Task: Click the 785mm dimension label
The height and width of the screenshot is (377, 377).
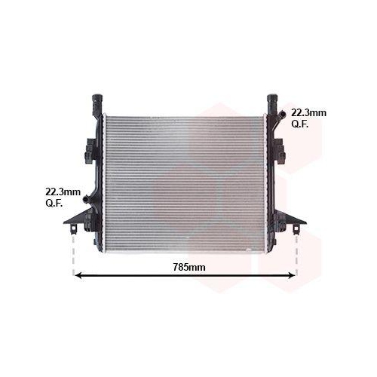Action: [189, 267]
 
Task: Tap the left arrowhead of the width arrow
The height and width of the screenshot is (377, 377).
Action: [78, 275]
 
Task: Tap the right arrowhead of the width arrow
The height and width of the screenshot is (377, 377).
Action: [293, 275]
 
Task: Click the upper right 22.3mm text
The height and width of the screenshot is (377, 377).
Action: [308, 113]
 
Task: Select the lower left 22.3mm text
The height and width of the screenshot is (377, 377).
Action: [63, 192]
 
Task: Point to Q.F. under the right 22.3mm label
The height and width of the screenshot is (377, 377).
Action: [300, 124]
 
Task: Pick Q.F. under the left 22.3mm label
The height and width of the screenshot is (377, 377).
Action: [54, 204]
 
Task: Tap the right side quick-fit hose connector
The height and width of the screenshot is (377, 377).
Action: [282, 115]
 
